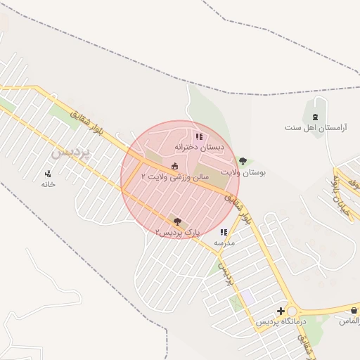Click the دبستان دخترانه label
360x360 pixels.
click(x=202, y=148)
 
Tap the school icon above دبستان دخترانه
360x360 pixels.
click(x=199, y=136)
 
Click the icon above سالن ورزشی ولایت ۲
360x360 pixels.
click(x=174, y=165)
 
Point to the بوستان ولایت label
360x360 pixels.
click(x=243, y=172)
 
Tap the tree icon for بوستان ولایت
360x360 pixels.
click(x=243, y=162)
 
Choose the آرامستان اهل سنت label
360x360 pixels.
click(x=313, y=127)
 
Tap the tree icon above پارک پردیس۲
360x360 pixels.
click(x=176, y=221)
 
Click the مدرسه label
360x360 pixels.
click(x=224, y=243)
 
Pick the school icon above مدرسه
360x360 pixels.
click(x=224, y=232)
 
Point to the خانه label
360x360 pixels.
click(x=48, y=184)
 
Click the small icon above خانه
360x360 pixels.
click(x=48, y=174)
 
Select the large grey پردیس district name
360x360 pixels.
click(x=71, y=152)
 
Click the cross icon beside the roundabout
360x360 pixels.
click(x=281, y=311)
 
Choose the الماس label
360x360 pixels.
click(x=349, y=321)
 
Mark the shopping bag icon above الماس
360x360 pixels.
click(x=354, y=310)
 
